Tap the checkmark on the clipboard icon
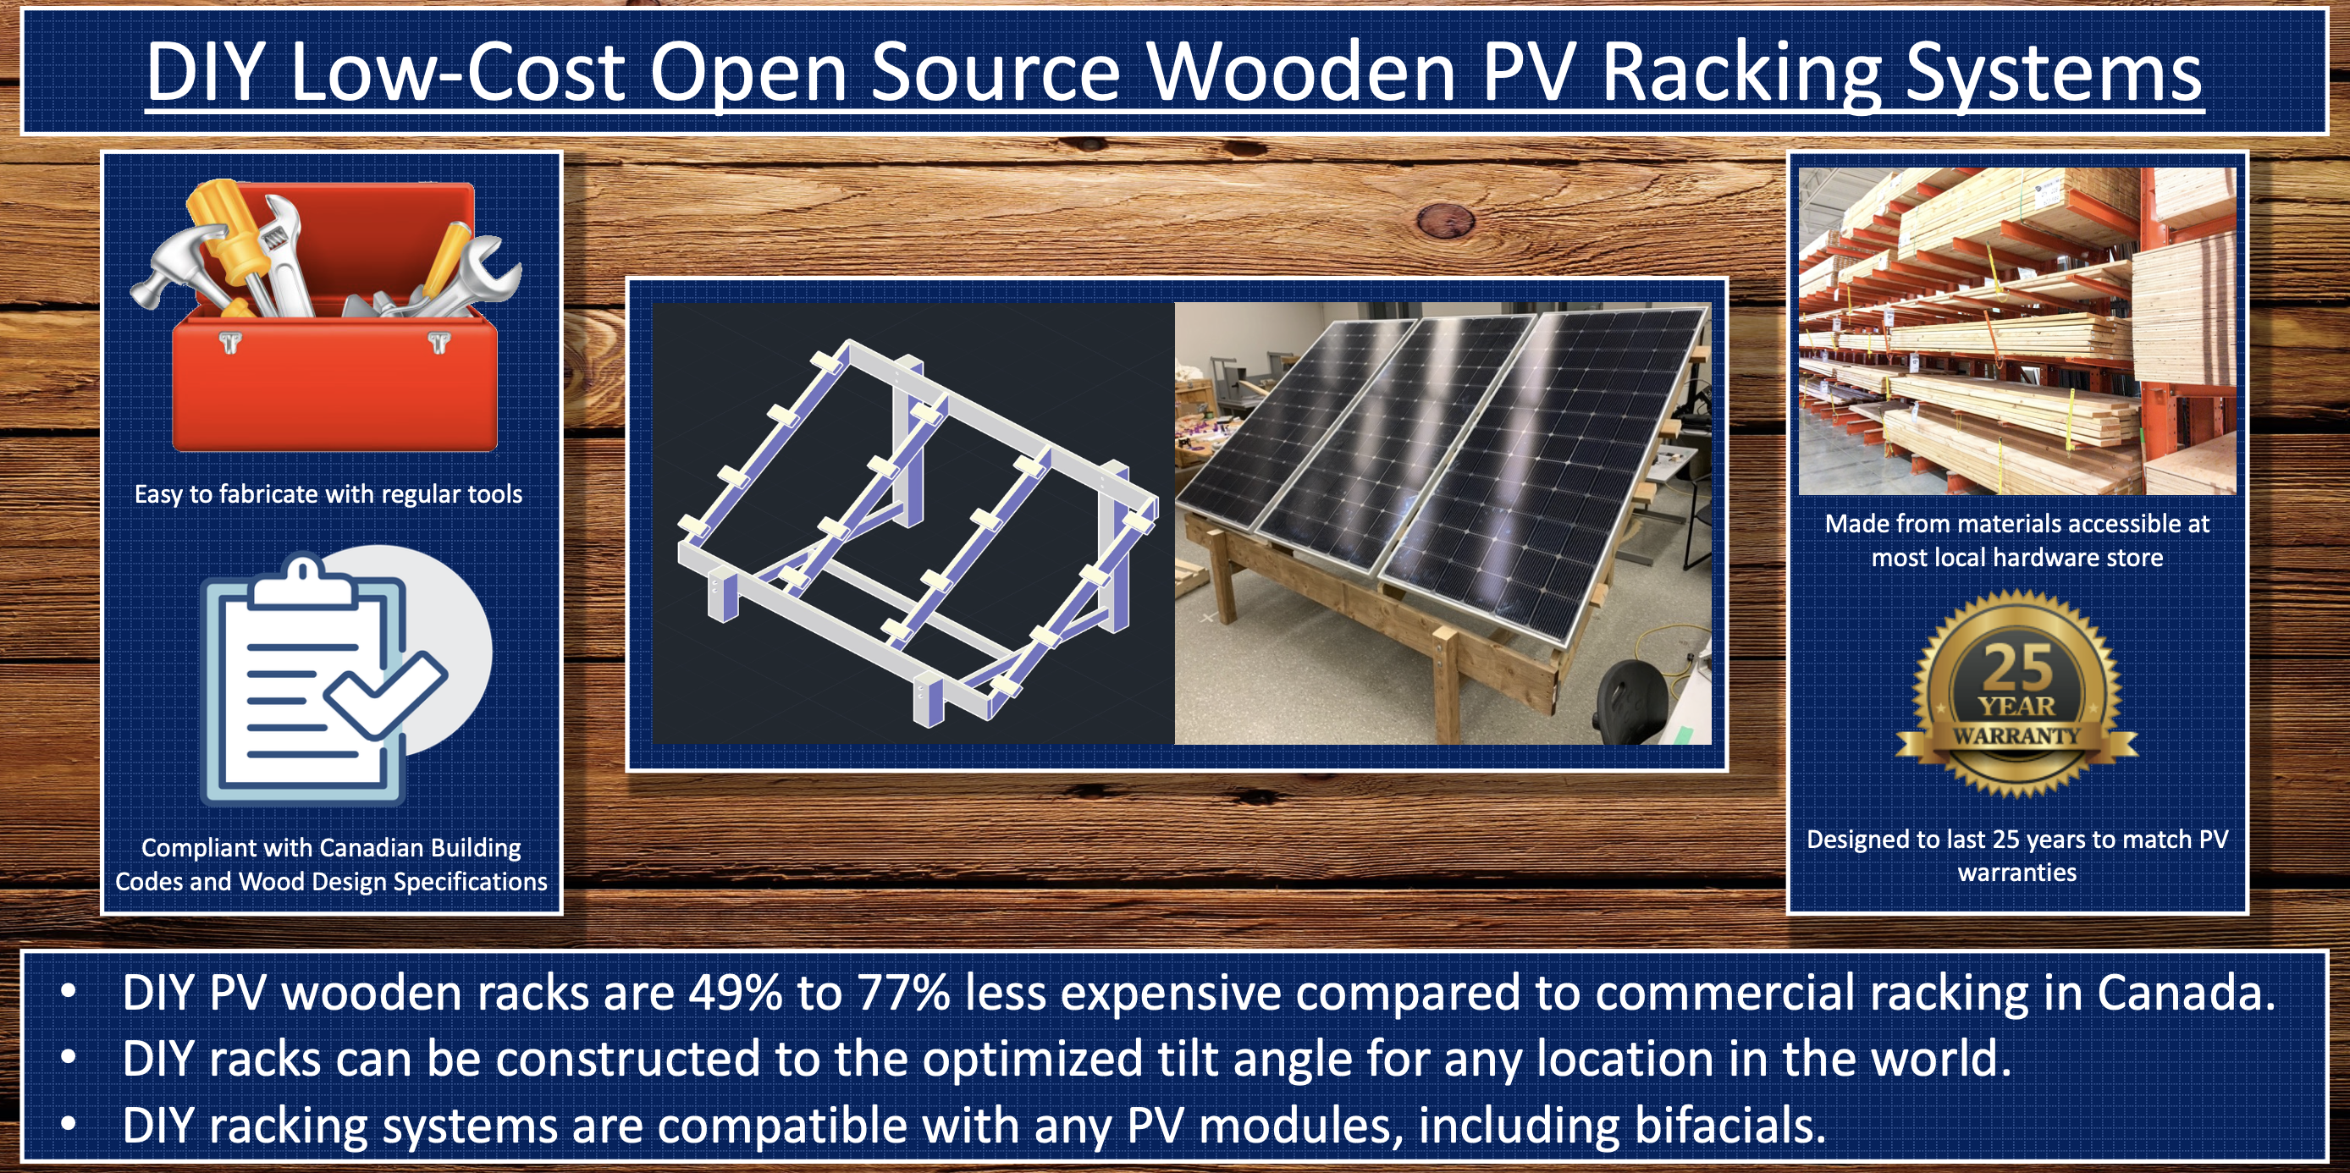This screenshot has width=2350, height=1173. coord(387,694)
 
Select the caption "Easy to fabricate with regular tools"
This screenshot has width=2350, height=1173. coord(328,494)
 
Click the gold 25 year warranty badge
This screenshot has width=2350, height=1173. coord(2016,693)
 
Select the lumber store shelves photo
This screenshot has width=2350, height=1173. coord(2017,331)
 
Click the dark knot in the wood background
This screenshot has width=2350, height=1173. coord(1446,219)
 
